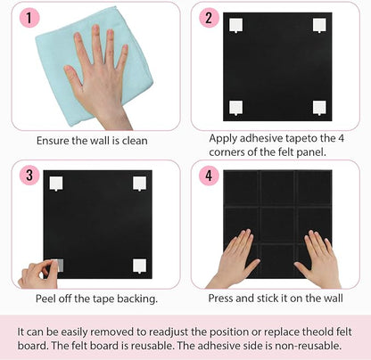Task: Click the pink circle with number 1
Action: pos(30,18)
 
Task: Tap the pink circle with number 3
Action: pos(30,175)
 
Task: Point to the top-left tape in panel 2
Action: pos(236,28)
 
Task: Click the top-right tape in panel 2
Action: pos(318,28)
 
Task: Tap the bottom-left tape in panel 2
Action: pos(236,108)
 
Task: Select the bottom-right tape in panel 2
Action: pos(318,108)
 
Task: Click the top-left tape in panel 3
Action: pos(56,184)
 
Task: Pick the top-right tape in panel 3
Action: pos(139,184)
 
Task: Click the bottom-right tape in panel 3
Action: pos(139,265)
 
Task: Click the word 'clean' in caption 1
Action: pos(133,141)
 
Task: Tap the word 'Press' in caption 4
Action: pos(224,299)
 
